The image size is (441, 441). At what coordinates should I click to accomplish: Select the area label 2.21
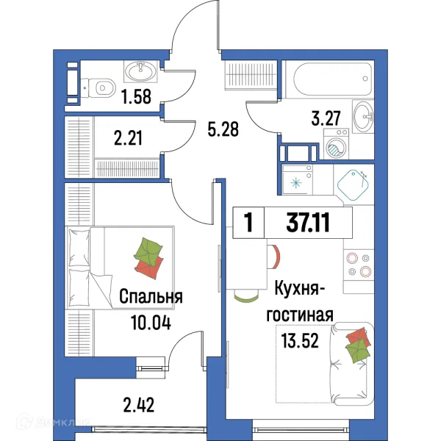(x=126, y=137)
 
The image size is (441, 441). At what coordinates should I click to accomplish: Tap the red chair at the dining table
(x=277, y=257)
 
